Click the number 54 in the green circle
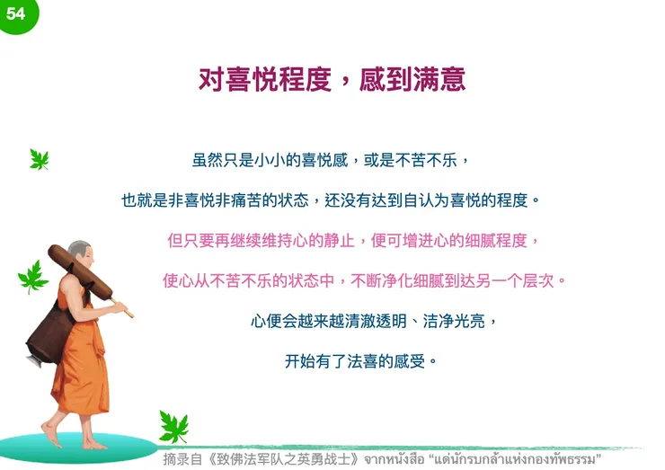pos(15,13)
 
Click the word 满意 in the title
pos(439,79)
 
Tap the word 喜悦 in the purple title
pos(253,79)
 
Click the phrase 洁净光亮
pos(454,321)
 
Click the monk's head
pos(81,253)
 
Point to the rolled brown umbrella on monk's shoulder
pos(81,271)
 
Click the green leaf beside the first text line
pos(39,159)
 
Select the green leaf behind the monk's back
pos(32,277)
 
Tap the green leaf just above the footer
pos(173,427)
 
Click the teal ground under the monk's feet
pos(78,448)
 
